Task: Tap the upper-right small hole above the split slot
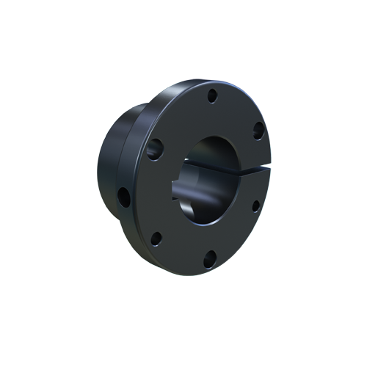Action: pyautogui.click(x=258, y=130)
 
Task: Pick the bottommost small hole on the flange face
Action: pyautogui.click(x=209, y=256)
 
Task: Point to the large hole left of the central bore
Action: pyautogui.click(x=154, y=150)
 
